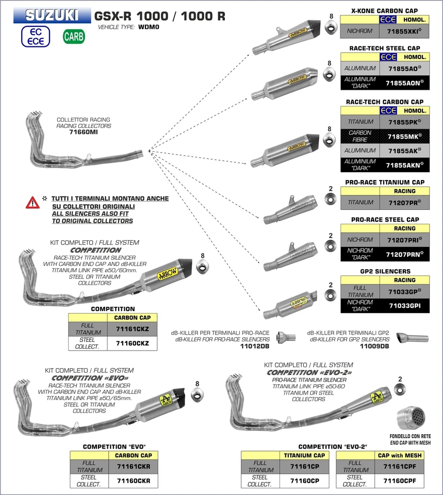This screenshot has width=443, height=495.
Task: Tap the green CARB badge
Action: pyautogui.click(x=74, y=37)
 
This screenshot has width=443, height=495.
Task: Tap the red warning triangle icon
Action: pyautogui.click(x=32, y=203)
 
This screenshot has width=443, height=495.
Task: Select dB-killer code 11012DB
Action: pyautogui.click(x=255, y=346)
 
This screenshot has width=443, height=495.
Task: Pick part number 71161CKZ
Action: pyautogui.click(x=132, y=328)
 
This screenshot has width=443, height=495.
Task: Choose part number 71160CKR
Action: pyautogui.click(x=133, y=481)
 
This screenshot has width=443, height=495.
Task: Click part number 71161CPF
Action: pyautogui.click(x=399, y=466)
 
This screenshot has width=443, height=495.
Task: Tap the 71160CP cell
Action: pyautogui.click(x=304, y=481)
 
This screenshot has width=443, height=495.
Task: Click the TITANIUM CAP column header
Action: pyautogui.click(x=304, y=455)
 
